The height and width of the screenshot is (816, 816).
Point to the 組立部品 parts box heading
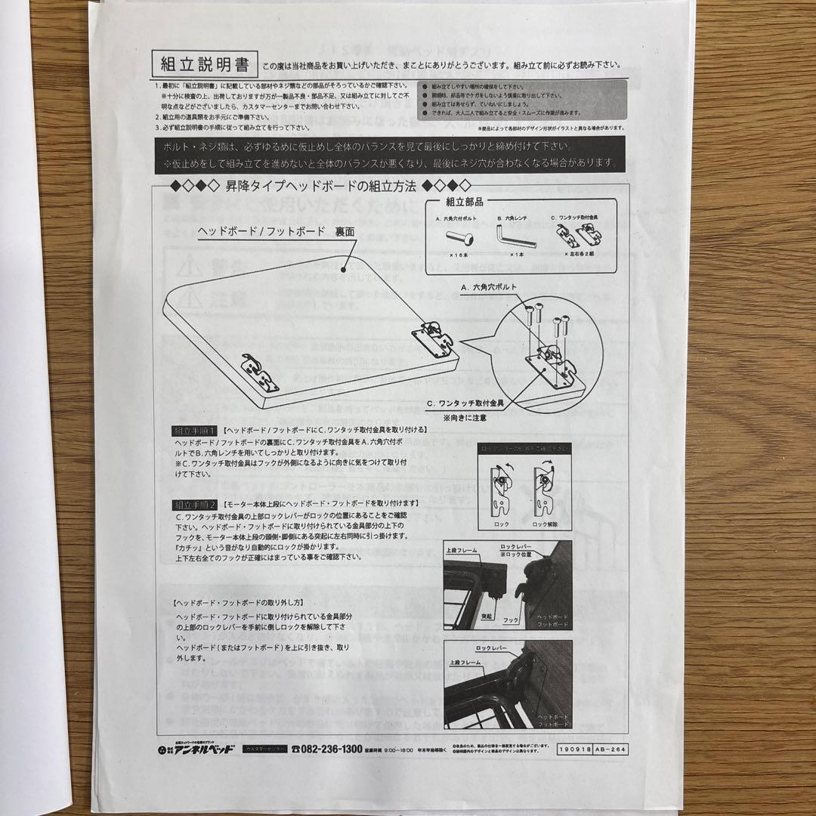465,202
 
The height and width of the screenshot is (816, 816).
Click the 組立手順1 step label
195,430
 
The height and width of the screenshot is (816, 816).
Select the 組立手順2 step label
195,502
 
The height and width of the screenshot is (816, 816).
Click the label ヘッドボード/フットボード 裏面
277,231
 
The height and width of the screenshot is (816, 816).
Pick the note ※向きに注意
465,417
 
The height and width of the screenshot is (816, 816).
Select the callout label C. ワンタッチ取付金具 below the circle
465,404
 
